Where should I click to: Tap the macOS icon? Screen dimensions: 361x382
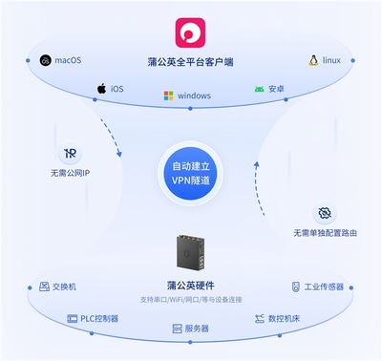click(46, 61)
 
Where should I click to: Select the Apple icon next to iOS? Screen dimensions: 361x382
click(100, 89)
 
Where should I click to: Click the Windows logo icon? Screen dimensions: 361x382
click(168, 96)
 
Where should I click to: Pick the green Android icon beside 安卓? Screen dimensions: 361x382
click(259, 90)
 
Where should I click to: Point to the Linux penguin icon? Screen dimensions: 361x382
click(312, 61)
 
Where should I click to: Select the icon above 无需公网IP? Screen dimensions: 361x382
click(70, 153)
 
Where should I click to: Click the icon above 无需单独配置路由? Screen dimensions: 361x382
click(325, 211)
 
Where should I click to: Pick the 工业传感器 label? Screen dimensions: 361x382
click(323, 286)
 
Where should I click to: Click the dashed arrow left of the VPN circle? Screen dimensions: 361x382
click(113, 142)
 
